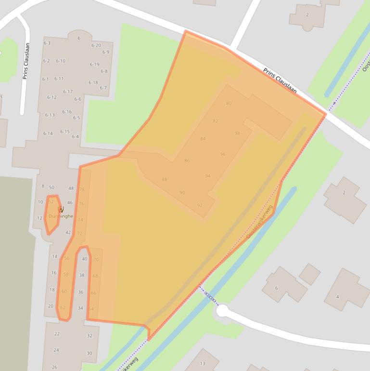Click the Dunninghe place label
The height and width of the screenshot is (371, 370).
click(61, 216)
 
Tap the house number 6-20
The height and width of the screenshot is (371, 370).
click(96, 46)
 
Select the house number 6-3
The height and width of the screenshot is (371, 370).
click(47, 43)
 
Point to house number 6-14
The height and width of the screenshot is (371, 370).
click(48, 133)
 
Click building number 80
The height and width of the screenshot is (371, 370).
click(229, 103)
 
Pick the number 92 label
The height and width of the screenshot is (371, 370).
click(200, 205)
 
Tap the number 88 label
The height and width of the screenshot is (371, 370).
click(165, 179)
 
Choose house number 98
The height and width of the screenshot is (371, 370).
click(237, 133)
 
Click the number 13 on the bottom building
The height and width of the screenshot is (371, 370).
click(203, 364)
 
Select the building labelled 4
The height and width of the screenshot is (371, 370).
click(337, 296)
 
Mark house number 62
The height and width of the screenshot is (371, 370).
click(63, 307)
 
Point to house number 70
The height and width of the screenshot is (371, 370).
click(96, 259)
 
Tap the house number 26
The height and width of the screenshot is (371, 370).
click(54, 367)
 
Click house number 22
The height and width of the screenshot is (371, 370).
click(57, 334)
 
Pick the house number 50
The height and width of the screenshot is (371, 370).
click(51, 188)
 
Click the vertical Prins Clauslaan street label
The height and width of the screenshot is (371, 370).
click(26, 61)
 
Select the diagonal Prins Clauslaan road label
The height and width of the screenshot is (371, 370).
click(280, 81)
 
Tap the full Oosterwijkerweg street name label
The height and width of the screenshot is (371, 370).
click(259, 223)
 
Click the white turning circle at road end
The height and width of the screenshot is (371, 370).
click(222, 311)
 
